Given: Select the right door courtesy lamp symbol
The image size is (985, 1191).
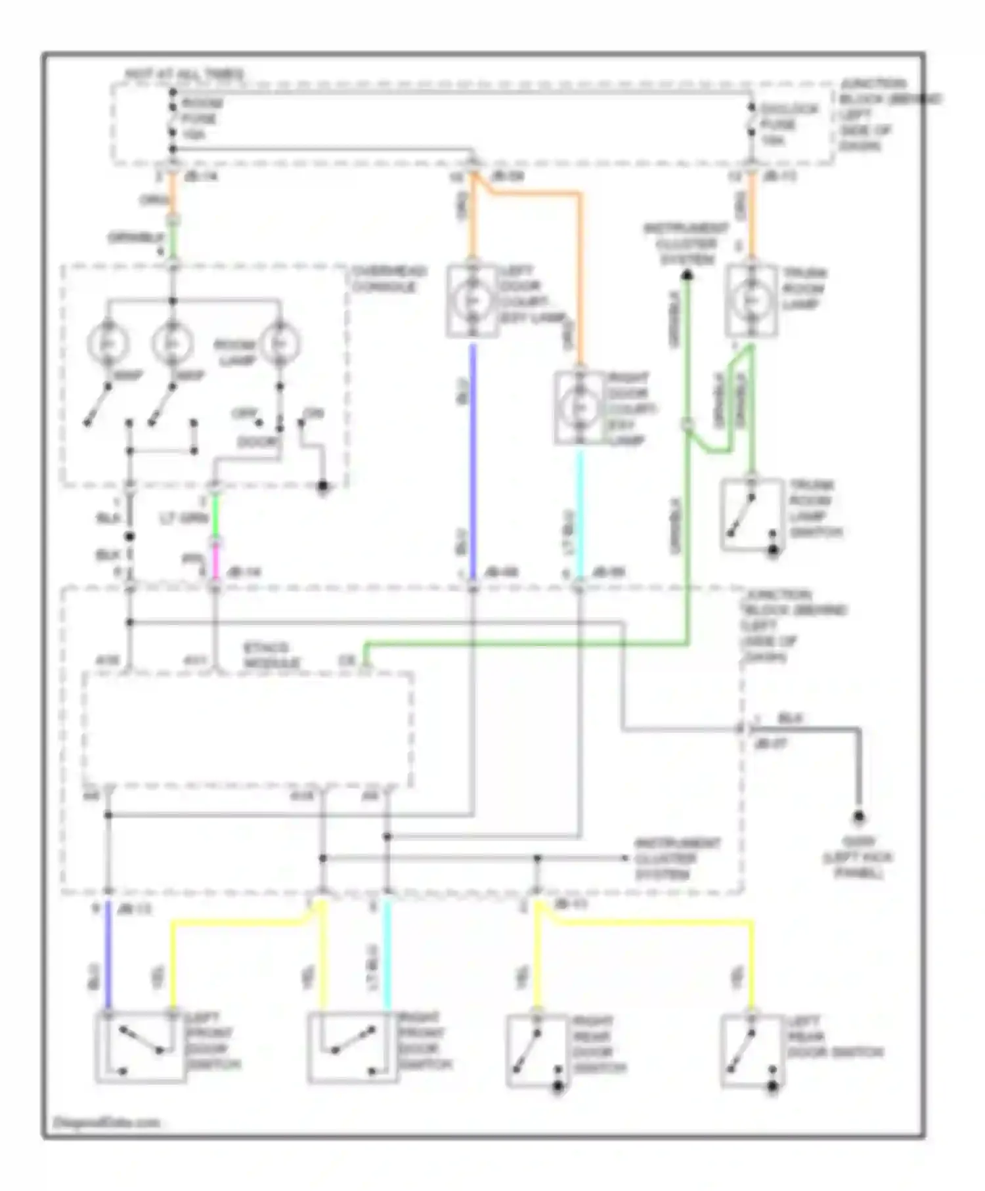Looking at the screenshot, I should coord(579,408).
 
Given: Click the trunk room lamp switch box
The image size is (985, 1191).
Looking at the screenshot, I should coord(752,514).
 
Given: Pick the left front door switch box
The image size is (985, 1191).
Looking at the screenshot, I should coord(141,1047).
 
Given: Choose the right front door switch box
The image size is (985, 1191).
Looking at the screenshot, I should coord(353,1047).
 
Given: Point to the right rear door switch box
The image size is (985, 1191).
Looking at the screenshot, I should coord(536,1050).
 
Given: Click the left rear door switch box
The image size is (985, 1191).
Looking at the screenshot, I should coord(751,1050).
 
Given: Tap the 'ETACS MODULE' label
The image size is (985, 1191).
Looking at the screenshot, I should coord(271,655).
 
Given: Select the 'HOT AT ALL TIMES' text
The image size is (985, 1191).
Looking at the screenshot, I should coord(185,74).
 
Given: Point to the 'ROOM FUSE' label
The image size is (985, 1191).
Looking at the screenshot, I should coord(202,112).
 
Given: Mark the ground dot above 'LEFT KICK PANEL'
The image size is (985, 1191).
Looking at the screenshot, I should coord(858,817).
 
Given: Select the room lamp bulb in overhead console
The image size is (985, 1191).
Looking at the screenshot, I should coord(280,343).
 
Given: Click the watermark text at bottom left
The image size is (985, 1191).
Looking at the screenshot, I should coord(105,1121).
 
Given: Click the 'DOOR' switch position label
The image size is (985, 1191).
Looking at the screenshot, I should coord(257,442).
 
